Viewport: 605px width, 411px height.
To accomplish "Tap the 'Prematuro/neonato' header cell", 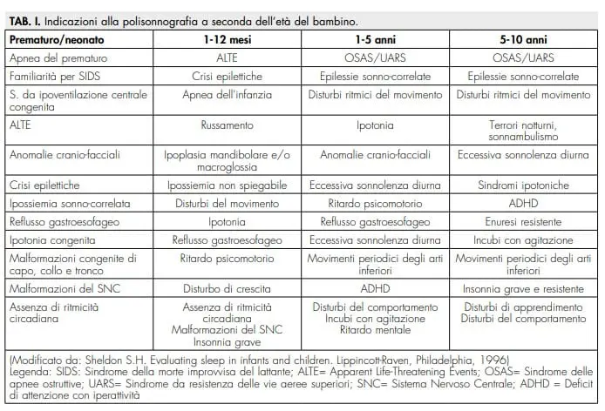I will click(59, 39).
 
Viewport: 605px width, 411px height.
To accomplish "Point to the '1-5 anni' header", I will click(374, 39).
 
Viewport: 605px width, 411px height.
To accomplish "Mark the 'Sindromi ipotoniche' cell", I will click(522, 185).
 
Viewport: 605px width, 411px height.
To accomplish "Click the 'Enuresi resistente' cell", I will click(522, 222).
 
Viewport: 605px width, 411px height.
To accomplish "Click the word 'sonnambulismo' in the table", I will click(522, 136).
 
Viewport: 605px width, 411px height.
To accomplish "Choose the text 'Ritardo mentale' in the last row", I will click(374, 330).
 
